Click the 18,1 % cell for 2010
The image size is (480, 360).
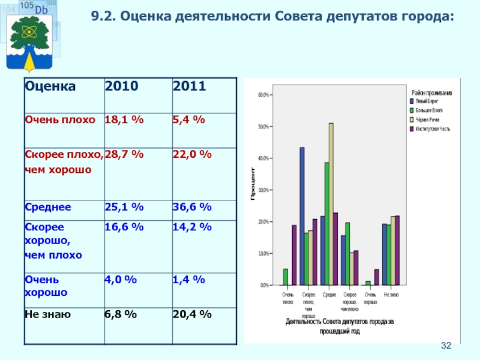[124, 120]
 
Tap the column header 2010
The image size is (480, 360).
[121, 86]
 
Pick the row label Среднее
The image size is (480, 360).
[47, 207]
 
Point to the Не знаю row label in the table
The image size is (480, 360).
[47, 314]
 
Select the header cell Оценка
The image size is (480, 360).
[50, 86]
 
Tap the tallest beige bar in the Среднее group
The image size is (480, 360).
[331, 204]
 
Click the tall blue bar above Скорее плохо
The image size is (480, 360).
[302, 216]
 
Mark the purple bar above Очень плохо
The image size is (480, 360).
[294, 255]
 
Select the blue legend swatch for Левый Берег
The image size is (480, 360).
[413, 101]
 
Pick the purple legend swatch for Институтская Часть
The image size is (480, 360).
[413, 128]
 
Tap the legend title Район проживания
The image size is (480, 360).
[432, 92]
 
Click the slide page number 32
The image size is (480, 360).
[446, 346]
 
